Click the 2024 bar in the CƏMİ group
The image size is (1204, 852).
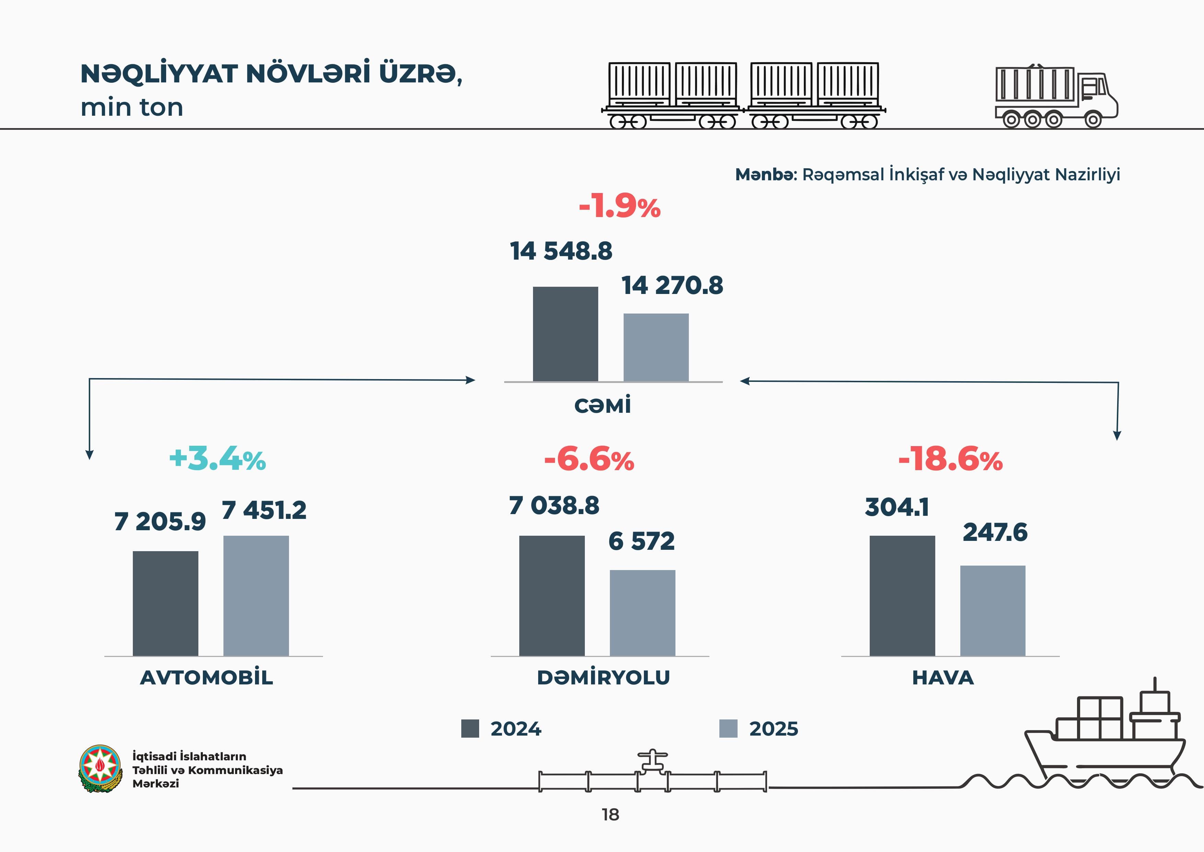[565, 334]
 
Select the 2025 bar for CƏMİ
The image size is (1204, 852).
[656, 347]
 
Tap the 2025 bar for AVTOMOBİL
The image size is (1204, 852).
[256, 595]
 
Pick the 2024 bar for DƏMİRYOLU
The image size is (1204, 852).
[552, 595]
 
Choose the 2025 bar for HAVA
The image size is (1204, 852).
[993, 611]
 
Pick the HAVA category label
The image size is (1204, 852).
[943, 677]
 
